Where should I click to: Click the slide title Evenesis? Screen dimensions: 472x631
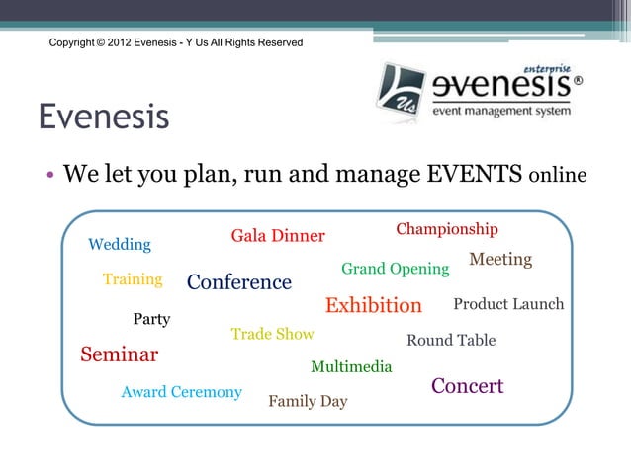(104, 118)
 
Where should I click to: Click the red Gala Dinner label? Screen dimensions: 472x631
(278, 236)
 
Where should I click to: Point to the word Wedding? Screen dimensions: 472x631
(120, 244)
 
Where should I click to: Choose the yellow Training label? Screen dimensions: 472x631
(133, 279)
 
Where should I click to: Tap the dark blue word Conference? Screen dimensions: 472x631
(239, 282)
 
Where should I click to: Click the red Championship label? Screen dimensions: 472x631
(447, 229)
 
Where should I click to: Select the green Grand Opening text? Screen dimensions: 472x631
(395, 269)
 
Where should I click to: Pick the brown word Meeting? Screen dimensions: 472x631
(500, 260)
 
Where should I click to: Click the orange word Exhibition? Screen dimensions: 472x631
(374, 305)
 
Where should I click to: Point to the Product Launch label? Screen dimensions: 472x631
(508, 303)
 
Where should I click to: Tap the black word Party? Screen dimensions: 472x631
(151, 319)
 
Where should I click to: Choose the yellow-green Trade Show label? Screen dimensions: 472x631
(272, 334)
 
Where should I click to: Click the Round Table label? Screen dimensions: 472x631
(451, 340)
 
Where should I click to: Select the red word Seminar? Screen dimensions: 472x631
(119, 354)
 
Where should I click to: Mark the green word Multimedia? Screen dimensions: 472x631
(351, 367)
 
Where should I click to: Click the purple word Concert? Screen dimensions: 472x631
(468, 386)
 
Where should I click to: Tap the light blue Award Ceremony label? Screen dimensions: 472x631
(181, 392)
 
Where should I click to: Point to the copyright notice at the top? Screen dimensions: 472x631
(176, 43)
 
